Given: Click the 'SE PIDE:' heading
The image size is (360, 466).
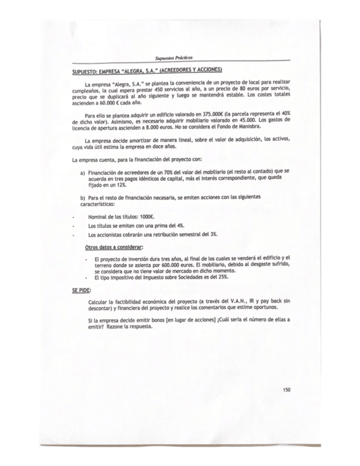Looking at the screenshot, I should point(82,290).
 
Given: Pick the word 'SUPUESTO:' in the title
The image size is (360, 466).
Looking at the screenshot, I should point(86,71).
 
